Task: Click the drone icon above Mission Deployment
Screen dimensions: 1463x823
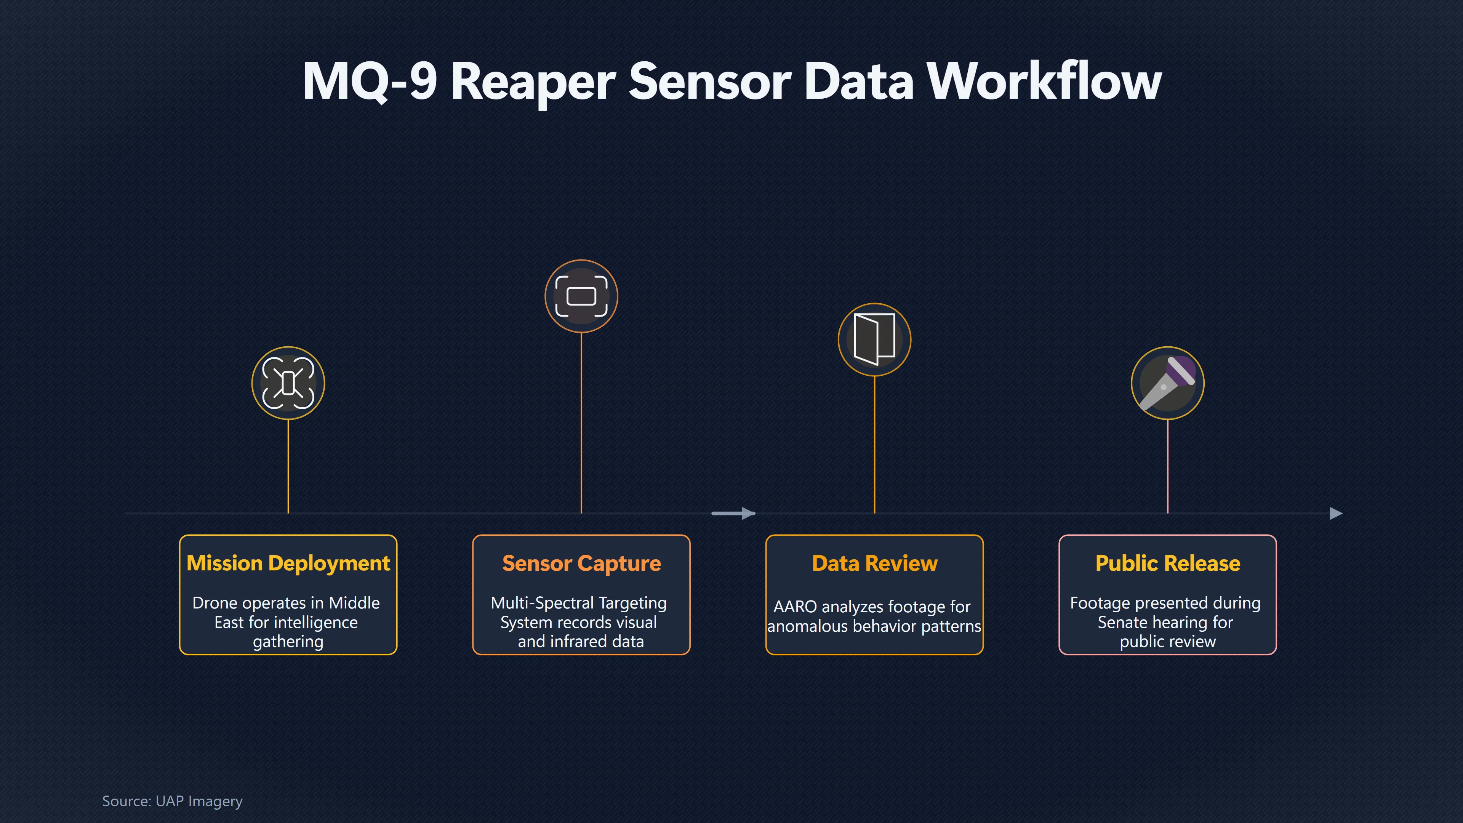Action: [288, 383]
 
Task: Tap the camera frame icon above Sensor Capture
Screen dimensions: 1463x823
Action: [581, 296]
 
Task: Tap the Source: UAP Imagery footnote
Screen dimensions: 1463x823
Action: [172, 801]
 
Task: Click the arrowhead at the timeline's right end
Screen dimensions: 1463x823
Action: [1337, 514]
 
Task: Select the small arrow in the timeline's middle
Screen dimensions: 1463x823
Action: [733, 514]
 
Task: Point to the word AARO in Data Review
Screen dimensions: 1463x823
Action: [794, 607]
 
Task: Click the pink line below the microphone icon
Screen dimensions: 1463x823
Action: [1168, 466]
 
